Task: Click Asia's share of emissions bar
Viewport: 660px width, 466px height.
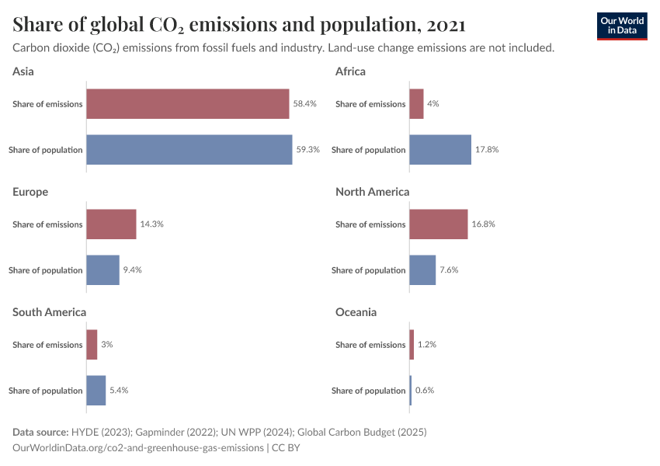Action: point(188,103)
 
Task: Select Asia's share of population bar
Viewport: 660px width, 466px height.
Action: point(189,149)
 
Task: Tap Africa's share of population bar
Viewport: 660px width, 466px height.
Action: point(440,149)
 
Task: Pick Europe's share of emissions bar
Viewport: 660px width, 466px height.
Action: point(111,224)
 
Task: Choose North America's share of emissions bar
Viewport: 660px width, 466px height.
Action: point(439,224)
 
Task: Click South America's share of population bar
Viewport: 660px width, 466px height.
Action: point(96,390)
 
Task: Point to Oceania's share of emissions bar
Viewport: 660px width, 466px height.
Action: point(412,344)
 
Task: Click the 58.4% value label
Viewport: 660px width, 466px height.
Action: point(305,103)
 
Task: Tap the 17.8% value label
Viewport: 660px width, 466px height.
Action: point(487,149)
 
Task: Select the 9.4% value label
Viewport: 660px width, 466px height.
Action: point(133,270)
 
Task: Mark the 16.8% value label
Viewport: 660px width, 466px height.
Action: point(483,224)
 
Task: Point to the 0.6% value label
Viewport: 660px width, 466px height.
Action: point(425,390)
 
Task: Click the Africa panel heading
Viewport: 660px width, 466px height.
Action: point(350,71)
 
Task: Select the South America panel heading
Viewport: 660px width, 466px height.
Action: point(49,312)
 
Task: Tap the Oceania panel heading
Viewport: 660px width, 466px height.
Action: point(356,312)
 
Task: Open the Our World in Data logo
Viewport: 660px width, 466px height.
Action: point(622,26)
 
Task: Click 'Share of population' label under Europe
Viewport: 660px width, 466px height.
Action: point(46,270)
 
